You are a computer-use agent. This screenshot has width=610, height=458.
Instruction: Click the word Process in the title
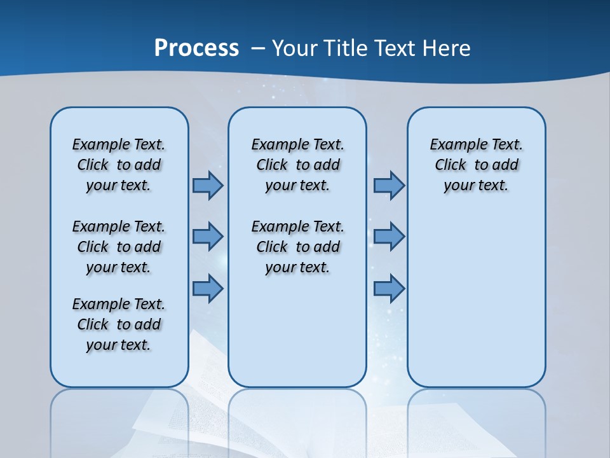click(196, 48)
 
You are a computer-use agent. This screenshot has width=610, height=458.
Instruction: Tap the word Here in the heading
click(447, 48)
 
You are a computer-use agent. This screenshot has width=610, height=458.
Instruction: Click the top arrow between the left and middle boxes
click(208, 185)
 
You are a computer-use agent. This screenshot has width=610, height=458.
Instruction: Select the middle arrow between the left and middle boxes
click(208, 236)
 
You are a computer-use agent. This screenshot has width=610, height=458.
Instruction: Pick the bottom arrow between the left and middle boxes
click(208, 289)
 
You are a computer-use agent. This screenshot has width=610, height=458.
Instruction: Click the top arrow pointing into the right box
click(389, 185)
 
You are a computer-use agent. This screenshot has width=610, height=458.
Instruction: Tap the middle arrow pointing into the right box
click(389, 236)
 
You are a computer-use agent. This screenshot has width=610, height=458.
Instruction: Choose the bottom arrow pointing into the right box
click(389, 289)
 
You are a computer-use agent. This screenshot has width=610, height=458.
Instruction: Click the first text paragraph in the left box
click(119, 165)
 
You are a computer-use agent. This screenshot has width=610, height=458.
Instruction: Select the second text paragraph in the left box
click(119, 247)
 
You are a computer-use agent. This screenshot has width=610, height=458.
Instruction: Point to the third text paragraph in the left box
click(119, 324)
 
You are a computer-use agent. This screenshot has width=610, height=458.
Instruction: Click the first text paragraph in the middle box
click(297, 165)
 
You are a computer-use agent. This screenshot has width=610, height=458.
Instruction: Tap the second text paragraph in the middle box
click(297, 247)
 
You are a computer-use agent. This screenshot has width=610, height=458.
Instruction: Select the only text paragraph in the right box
click(477, 165)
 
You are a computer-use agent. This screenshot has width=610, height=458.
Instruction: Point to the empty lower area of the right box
click(477, 299)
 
